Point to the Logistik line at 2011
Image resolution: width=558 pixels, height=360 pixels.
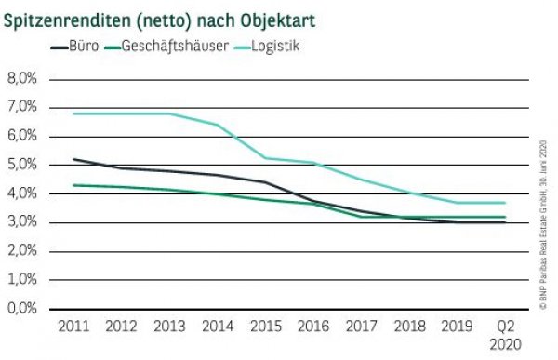click(x=73, y=113)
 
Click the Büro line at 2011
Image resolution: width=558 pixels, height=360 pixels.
click(x=73, y=159)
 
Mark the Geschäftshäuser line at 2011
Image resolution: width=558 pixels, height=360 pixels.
click(x=73, y=185)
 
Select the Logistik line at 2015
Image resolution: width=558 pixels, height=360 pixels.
click(x=265, y=158)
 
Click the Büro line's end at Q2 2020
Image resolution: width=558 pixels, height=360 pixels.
click(x=505, y=222)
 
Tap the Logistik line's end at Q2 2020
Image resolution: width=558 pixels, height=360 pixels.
click(x=505, y=203)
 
